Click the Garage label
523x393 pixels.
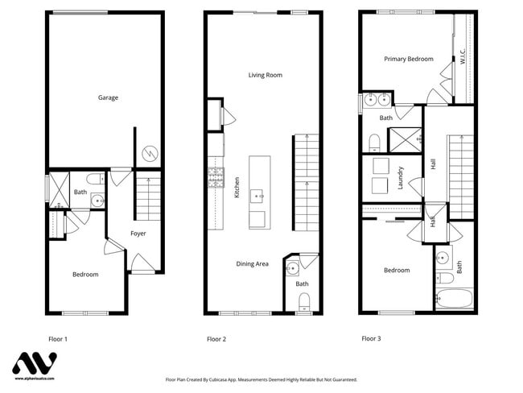(x=108, y=97)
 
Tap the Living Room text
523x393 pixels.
(x=265, y=75)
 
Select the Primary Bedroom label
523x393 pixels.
(x=408, y=59)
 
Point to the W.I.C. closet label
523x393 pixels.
(x=463, y=60)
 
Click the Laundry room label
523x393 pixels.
(x=400, y=177)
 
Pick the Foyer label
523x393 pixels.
(x=138, y=234)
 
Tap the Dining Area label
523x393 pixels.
(x=252, y=263)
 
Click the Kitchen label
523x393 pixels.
(x=237, y=188)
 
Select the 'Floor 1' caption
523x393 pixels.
(x=58, y=339)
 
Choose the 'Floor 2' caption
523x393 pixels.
(x=216, y=339)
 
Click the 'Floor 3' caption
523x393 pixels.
(x=371, y=338)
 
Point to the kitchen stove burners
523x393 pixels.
(x=216, y=176)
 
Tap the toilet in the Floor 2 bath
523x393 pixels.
(x=303, y=301)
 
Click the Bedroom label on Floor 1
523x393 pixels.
(x=85, y=275)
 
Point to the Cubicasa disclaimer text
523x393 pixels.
(x=261, y=379)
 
